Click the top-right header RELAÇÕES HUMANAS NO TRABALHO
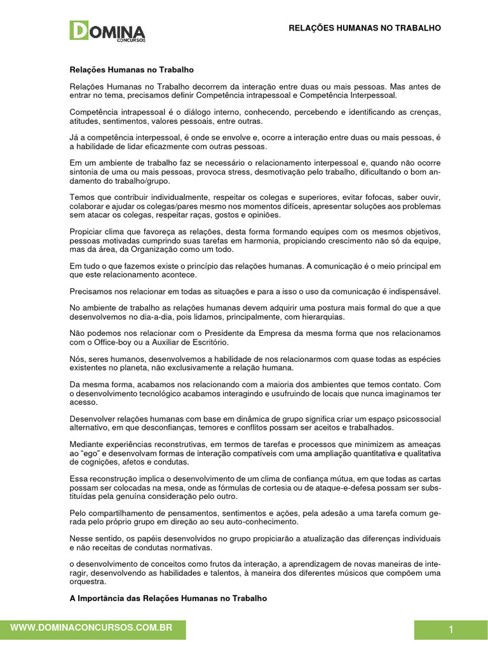[x=365, y=28]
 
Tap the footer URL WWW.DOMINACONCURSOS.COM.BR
[x=92, y=627]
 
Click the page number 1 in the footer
[x=451, y=630]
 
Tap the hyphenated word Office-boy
[x=107, y=342]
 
